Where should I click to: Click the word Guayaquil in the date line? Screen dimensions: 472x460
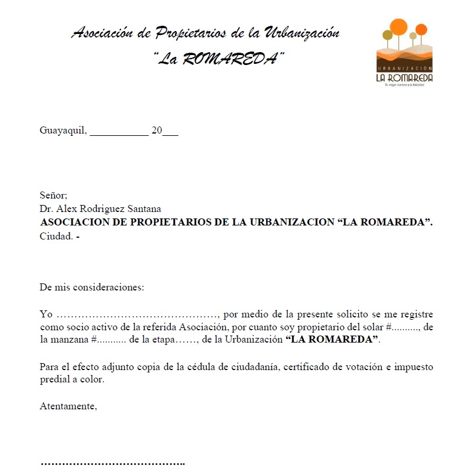point(63,131)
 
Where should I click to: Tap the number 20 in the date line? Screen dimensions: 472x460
point(156,131)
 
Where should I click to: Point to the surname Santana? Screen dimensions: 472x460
point(143,208)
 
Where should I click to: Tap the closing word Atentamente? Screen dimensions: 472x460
point(68,406)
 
